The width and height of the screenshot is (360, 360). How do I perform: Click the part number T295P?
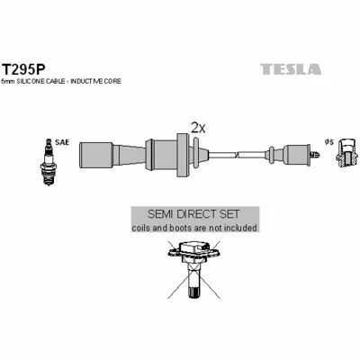click(x=23, y=69)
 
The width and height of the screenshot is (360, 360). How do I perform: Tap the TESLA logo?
click(x=291, y=69)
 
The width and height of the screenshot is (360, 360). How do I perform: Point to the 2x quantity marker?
click(x=198, y=128)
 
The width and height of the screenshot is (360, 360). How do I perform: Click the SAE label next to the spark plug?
click(x=62, y=142)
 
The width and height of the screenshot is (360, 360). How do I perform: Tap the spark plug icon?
click(x=49, y=162)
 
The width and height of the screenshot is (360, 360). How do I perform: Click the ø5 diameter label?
click(x=329, y=142)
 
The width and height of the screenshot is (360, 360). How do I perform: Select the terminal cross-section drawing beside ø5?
click(x=346, y=155)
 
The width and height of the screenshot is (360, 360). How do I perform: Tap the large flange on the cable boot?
click(x=183, y=155)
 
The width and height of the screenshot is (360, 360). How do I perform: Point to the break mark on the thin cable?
click(x=238, y=155)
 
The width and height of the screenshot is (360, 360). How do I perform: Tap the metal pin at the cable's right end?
click(x=315, y=155)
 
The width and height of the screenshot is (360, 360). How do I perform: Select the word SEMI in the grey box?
click(x=160, y=214)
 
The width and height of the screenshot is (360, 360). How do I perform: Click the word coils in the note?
click(x=141, y=228)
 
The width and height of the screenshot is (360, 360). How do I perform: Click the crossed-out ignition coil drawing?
click(x=193, y=269)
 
